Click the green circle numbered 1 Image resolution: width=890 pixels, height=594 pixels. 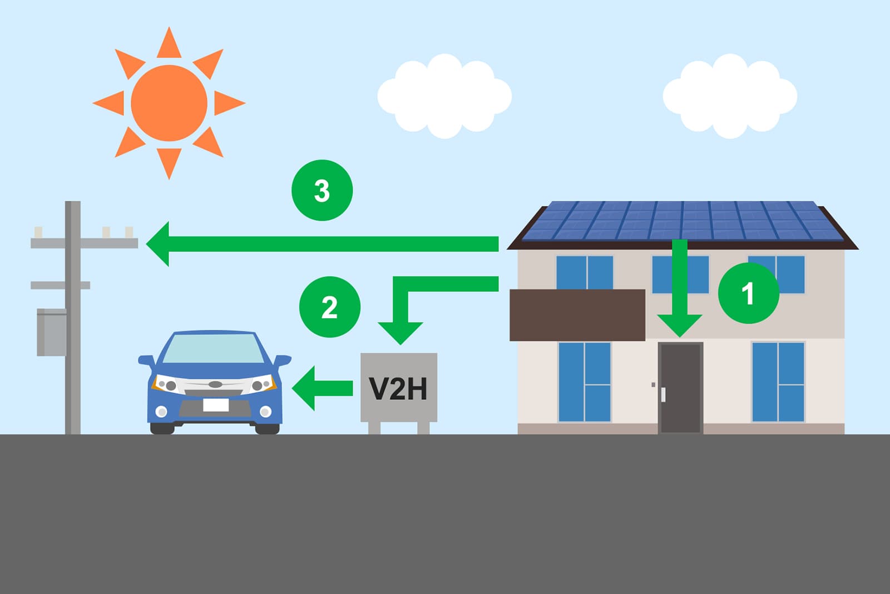749,293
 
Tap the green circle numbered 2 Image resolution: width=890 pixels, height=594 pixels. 330,307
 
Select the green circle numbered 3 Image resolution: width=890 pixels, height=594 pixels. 322,190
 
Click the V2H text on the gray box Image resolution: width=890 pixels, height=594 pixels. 398,388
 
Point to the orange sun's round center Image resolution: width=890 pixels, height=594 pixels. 169,103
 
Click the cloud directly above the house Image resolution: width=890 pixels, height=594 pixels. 730,96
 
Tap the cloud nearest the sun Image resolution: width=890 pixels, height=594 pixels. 444,96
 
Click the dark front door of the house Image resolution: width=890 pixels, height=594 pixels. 681,388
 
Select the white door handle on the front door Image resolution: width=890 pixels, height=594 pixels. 663,394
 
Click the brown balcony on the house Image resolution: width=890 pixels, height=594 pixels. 577,315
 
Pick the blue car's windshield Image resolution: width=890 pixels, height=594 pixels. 214,349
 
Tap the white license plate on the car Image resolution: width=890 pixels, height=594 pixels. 216,405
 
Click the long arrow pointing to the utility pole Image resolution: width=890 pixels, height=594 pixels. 322,244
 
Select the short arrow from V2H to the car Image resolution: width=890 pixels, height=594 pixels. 322,388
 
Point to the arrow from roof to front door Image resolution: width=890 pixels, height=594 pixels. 679,289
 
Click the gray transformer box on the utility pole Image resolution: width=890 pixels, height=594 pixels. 52,332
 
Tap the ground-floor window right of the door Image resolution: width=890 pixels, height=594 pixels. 779,382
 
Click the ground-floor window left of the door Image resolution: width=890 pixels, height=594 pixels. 585,382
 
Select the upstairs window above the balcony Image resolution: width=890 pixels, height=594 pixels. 585,273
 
